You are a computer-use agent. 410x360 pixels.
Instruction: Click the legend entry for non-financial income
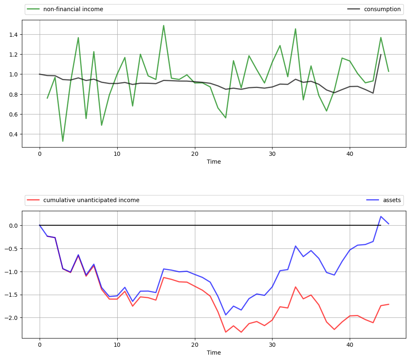click(79, 9)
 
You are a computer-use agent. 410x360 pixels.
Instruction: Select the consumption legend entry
click(382, 9)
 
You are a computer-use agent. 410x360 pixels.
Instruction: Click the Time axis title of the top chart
click(214, 162)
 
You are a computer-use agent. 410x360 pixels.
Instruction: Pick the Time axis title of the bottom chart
click(214, 353)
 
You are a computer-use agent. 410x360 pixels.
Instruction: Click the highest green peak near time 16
click(164, 25)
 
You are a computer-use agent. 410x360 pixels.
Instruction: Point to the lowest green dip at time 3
click(63, 141)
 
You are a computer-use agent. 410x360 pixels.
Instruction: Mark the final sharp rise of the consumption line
click(381, 55)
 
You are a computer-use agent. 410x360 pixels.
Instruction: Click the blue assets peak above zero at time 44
click(381, 216)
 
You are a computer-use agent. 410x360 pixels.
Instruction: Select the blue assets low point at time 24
click(225, 315)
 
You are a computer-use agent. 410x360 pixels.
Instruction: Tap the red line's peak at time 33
click(296, 287)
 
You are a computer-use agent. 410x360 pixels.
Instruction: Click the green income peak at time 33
click(296, 29)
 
